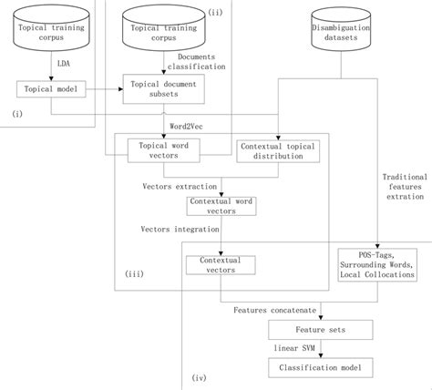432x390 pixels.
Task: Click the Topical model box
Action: tap(51, 88)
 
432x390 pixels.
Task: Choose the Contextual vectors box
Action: tap(220, 264)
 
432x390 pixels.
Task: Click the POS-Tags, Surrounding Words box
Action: tap(376, 263)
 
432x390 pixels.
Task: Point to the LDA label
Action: tap(64, 64)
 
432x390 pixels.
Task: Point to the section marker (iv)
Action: tap(201, 375)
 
